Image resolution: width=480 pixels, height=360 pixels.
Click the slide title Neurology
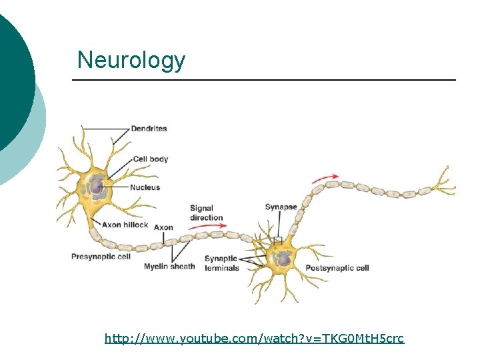(x=131, y=61)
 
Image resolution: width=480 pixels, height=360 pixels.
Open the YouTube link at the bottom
(x=254, y=339)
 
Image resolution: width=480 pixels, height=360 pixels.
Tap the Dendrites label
(x=149, y=128)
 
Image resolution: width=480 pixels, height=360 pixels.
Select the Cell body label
(x=150, y=159)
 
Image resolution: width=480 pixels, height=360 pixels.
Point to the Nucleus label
(x=145, y=187)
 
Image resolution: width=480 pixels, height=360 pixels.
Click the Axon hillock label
(x=125, y=225)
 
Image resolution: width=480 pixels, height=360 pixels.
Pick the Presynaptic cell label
(x=101, y=256)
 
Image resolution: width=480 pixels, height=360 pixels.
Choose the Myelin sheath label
(x=169, y=267)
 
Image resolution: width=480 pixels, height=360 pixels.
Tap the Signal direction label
(x=206, y=213)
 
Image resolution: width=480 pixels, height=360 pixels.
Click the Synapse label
(x=281, y=207)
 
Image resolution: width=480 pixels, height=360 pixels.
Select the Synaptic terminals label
(x=221, y=263)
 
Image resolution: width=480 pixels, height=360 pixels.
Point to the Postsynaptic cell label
(x=337, y=268)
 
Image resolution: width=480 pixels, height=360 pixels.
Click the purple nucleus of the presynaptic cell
(x=98, y=186)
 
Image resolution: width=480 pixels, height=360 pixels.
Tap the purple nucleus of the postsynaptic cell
(x=283, y=258)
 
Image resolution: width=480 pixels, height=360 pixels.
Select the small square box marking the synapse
(x=278, y=241)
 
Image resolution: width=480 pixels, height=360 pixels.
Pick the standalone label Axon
(x=163, y=227)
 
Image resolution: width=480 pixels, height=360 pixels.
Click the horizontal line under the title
(x=264, y=80)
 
